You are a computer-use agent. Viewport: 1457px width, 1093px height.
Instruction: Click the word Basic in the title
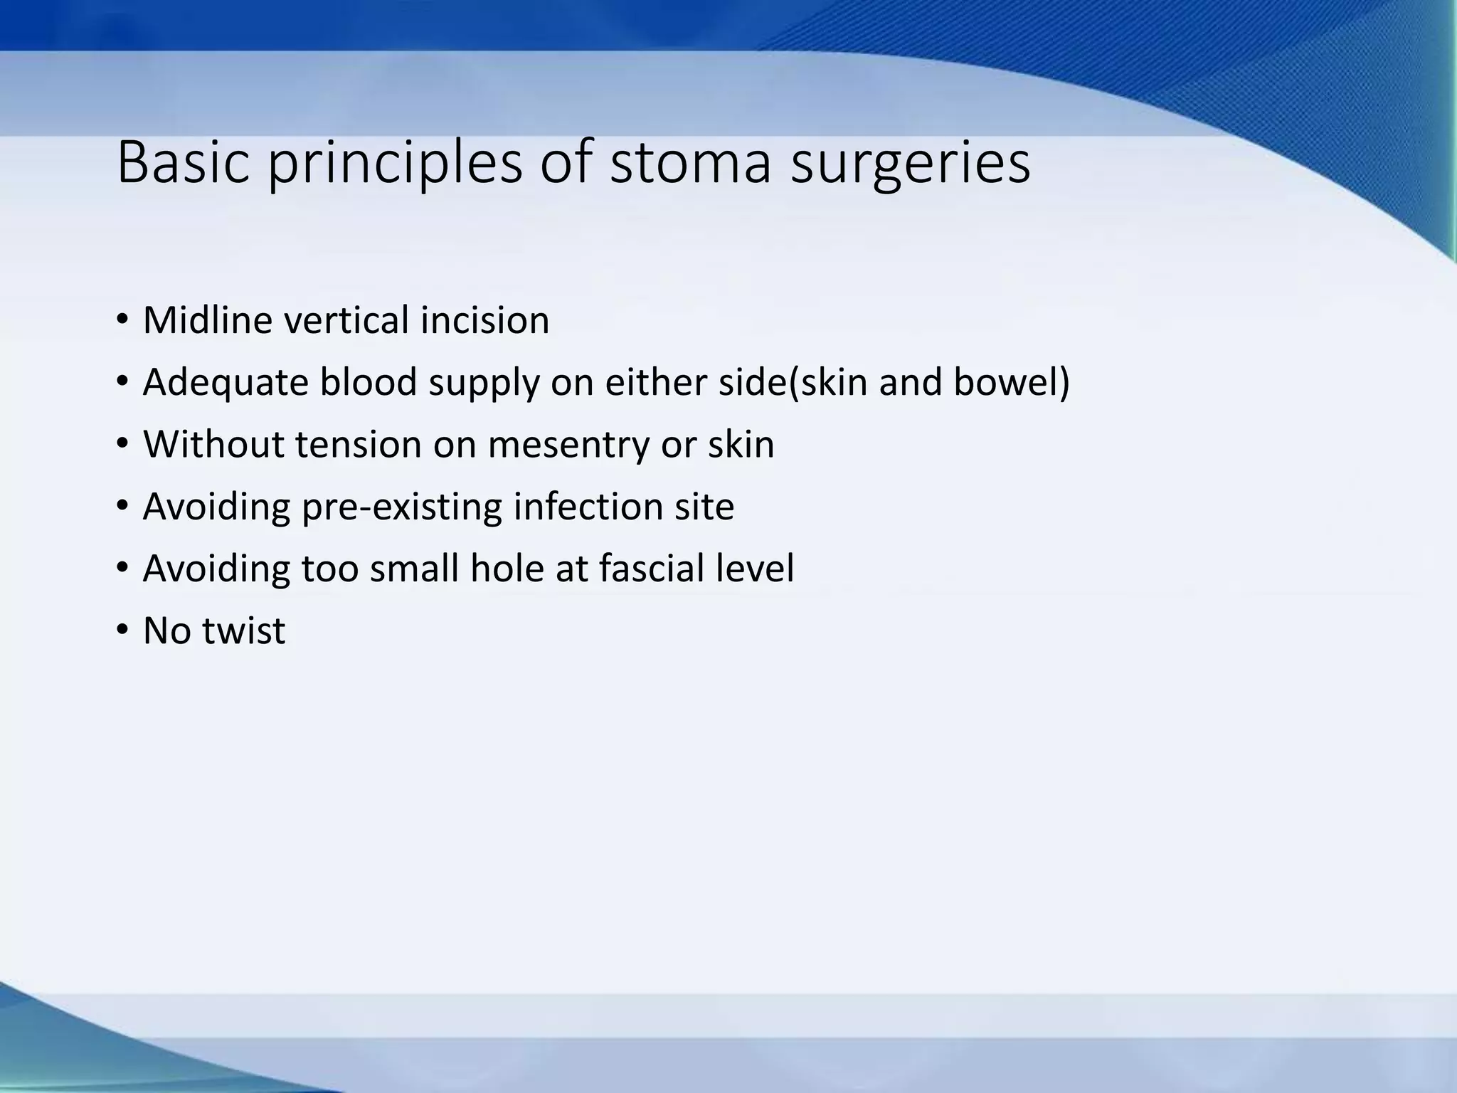pos(184,162)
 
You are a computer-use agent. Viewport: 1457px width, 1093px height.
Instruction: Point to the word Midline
pos(207,320)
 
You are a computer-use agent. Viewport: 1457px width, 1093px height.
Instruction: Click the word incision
pos(484,320)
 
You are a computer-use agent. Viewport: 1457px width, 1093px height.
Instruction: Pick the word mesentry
pos(568,445)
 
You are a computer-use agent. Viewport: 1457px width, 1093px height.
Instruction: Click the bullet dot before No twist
pos(122,630)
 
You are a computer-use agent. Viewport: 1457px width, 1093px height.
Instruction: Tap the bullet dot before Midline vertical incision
pos(122,319)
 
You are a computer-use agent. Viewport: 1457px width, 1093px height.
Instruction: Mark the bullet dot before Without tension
pos(122,443)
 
